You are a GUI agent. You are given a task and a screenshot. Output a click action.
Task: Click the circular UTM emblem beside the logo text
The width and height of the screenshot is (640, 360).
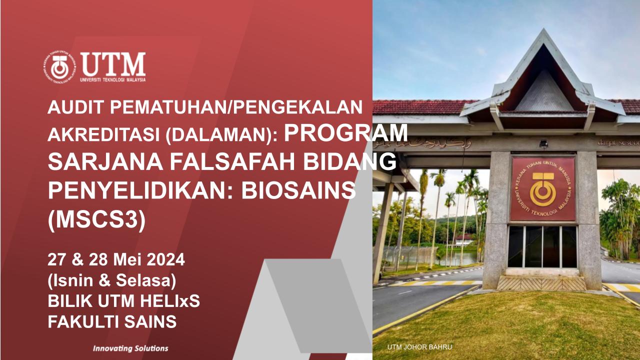coord(59,67)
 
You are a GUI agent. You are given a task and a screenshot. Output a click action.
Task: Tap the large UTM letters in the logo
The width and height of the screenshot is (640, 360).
coord(113,64)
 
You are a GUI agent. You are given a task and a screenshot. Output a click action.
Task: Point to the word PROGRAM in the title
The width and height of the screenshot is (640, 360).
coord(345,132)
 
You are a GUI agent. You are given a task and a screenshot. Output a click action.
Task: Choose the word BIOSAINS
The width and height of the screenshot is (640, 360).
coord(298,190)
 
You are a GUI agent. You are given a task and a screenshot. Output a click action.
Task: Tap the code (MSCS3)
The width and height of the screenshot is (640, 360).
coord(97,219)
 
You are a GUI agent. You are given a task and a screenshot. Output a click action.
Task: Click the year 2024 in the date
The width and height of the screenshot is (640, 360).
coord(166,259)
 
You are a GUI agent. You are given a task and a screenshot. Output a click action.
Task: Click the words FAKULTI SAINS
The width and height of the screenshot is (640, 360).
coord(112,321)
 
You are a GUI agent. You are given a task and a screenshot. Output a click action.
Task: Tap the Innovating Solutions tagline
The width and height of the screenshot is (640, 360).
coord(130,348)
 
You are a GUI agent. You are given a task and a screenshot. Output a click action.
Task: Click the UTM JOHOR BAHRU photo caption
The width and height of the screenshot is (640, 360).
coord(419,347)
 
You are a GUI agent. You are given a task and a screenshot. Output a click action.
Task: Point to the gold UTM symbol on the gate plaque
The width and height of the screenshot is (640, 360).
coord(543,189)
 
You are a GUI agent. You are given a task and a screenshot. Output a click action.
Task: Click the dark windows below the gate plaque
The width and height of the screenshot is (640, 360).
coord(542,246)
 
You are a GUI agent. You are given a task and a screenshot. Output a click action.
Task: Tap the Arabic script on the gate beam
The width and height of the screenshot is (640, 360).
coord(423,143)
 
